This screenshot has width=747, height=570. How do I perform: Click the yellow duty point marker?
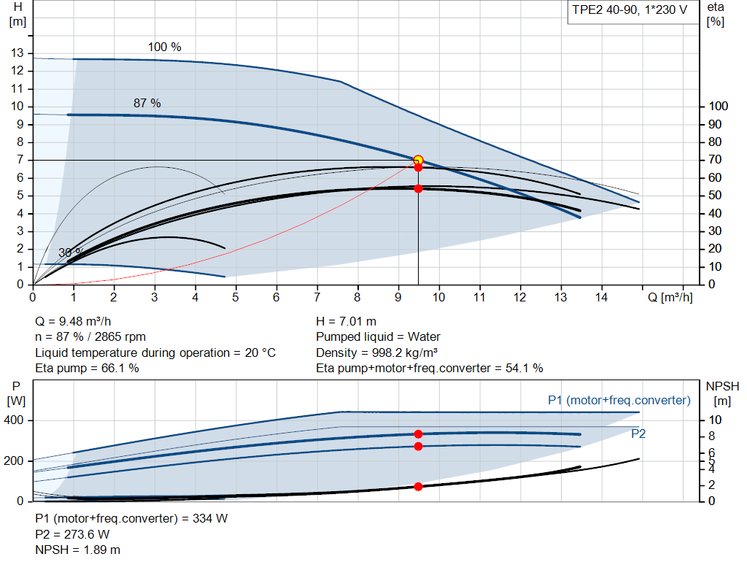pos(418,160)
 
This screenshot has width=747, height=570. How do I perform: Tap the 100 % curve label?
pos(165,47)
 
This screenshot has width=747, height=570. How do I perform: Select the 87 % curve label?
pos(147,103)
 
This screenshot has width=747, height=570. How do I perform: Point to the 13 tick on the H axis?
pos(18,53)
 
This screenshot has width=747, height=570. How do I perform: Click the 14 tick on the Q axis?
pos(602,297)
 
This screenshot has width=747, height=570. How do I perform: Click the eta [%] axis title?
pos(716,14)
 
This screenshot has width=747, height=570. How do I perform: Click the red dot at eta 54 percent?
pos(418,188)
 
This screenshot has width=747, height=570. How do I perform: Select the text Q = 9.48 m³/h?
pos(74,321)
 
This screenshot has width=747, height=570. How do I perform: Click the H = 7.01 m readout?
pos(347,321)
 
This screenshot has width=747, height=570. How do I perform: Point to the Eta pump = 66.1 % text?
pos(88,368)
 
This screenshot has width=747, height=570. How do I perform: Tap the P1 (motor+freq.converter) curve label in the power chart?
pos(619,400)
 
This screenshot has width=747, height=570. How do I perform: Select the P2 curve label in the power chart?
pos(638,434)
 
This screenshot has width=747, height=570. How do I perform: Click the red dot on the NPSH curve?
pos(418,486)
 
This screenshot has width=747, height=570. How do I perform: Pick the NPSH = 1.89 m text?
pos(78,550)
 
